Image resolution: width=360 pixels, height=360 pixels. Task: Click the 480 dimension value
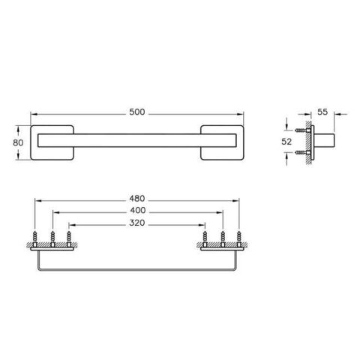click(136, 199)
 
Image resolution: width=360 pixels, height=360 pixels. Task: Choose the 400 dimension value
click(136, 211)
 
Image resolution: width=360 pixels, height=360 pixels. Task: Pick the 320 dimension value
click(136, 223)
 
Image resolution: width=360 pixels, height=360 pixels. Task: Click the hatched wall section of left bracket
click(52, 247)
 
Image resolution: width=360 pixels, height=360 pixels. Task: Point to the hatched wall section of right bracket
click(222, 247)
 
